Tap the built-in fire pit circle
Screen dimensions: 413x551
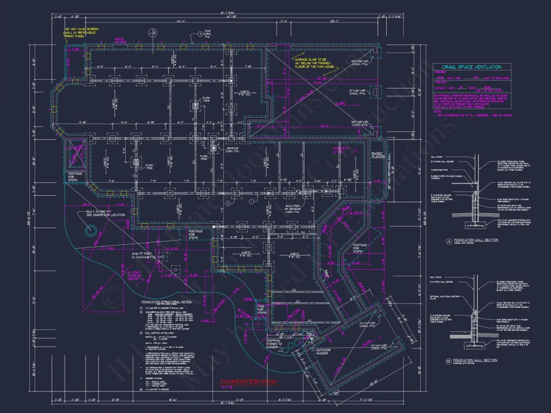tap(91, 231)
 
